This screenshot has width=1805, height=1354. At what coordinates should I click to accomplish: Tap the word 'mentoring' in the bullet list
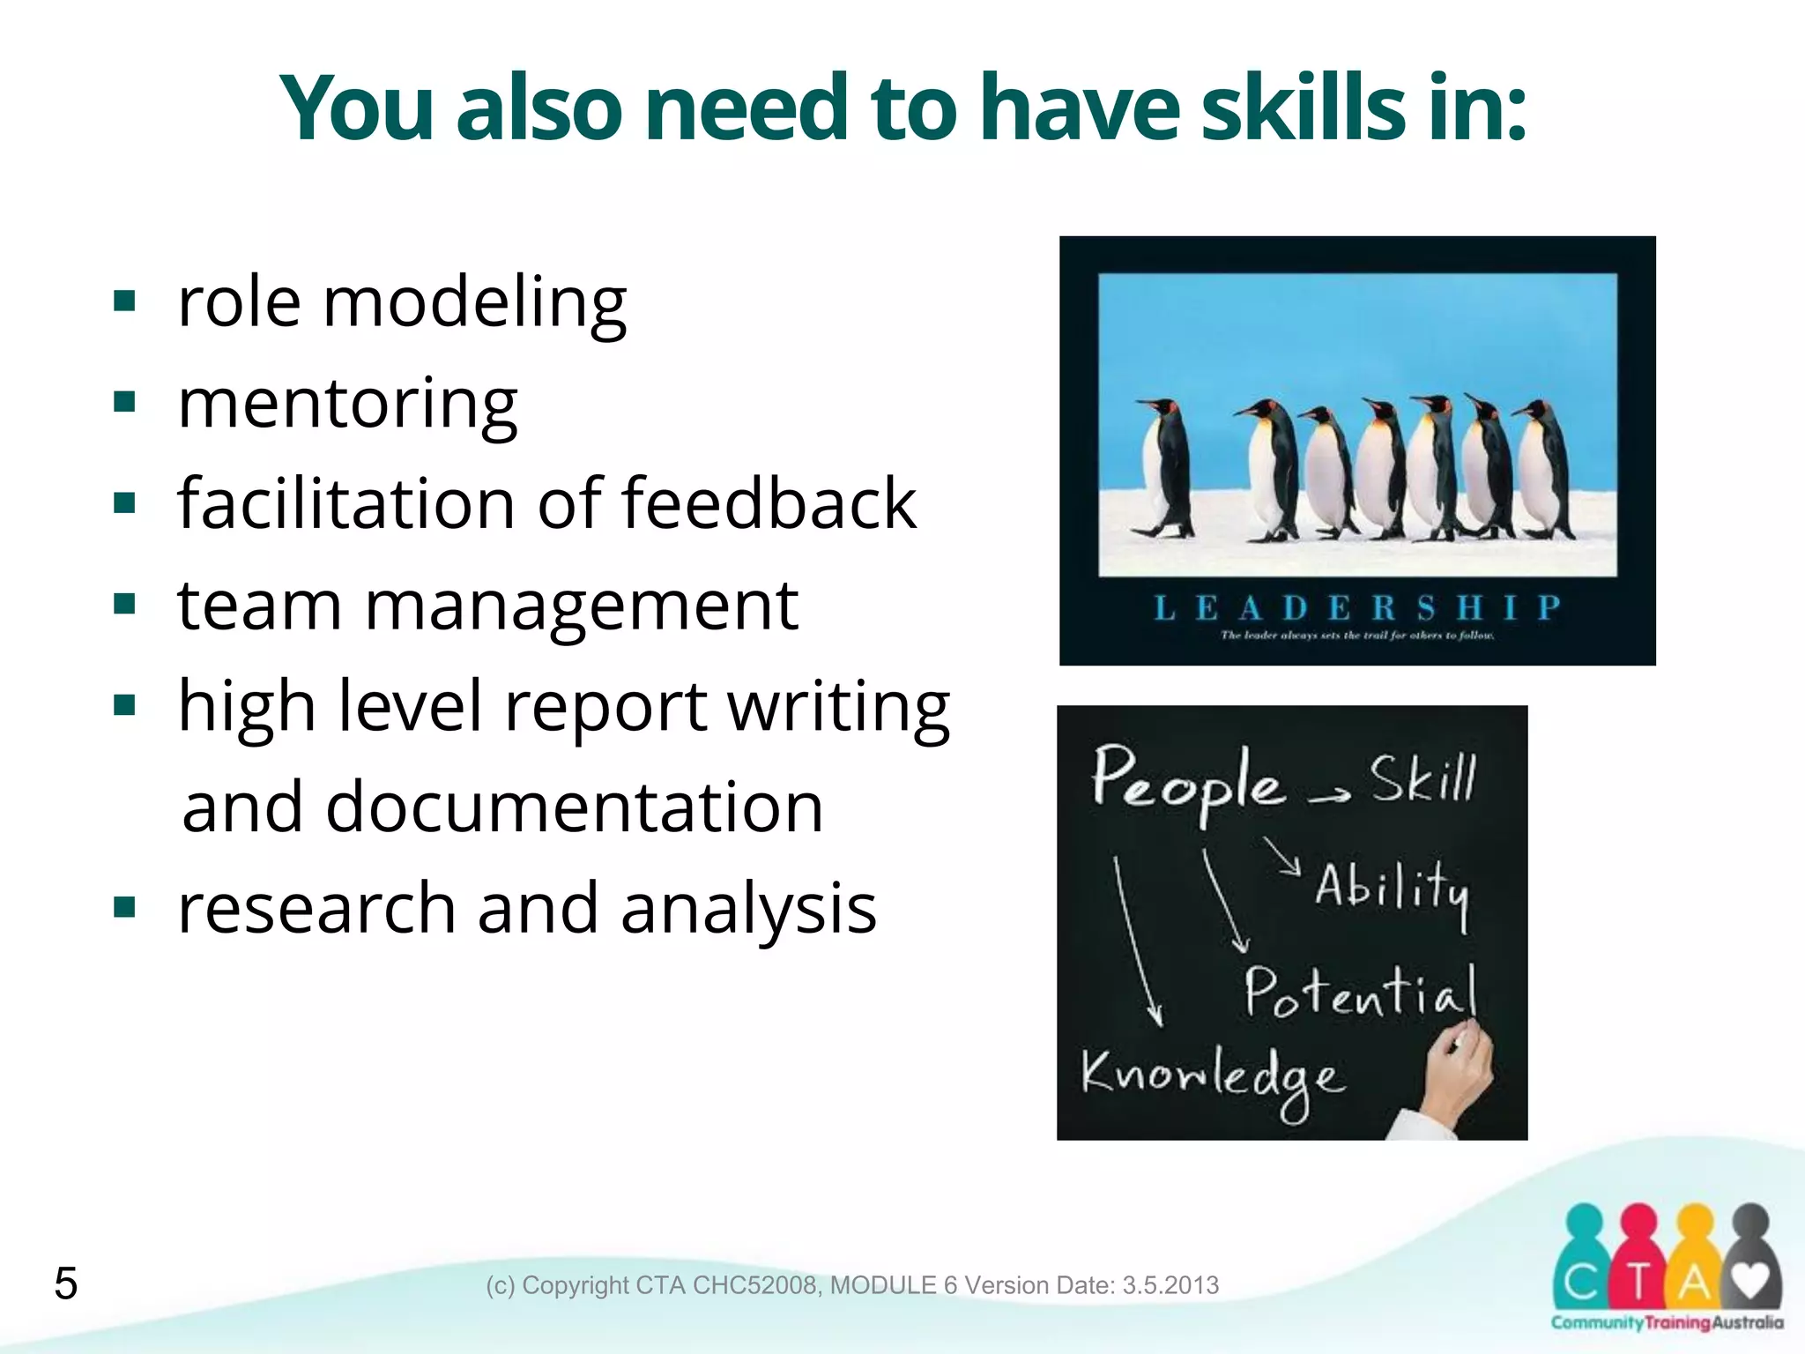[347, 403]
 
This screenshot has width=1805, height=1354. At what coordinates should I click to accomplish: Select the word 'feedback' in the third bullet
[769, 503]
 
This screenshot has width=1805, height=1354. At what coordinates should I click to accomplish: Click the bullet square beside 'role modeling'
[125, 302]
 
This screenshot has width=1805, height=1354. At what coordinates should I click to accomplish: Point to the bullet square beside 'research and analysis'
[125, 907]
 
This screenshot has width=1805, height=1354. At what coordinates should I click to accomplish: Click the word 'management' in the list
[582, 606]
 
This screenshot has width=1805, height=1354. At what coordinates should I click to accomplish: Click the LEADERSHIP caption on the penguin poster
[1356, 607]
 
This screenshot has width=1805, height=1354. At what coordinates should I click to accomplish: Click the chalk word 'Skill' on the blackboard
[1422, 778]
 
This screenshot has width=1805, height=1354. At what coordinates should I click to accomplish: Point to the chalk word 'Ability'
[1393, 889]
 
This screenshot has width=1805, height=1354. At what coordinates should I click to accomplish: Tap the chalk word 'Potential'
[1360, 993]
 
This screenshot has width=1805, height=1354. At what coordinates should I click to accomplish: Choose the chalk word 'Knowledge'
[1213, 1077]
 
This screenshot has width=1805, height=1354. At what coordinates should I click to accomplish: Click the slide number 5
[66, 1283]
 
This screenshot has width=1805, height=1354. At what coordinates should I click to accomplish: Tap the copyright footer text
[852, 1285]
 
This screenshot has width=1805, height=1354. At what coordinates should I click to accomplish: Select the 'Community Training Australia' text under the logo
[1667, 1322]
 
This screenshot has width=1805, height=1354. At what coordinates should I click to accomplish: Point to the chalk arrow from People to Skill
[1329, 796]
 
